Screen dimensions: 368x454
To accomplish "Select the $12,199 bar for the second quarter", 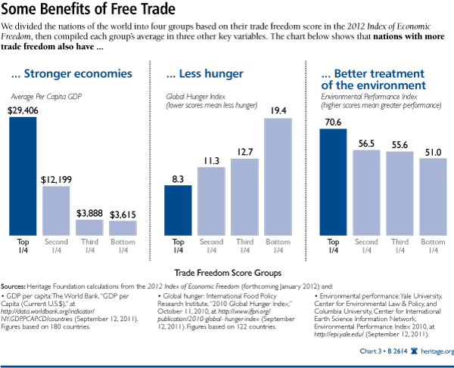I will pyautogui.click(x=57, y=209).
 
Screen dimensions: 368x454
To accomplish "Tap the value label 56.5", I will pyautogui.click(x=367, y=143).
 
